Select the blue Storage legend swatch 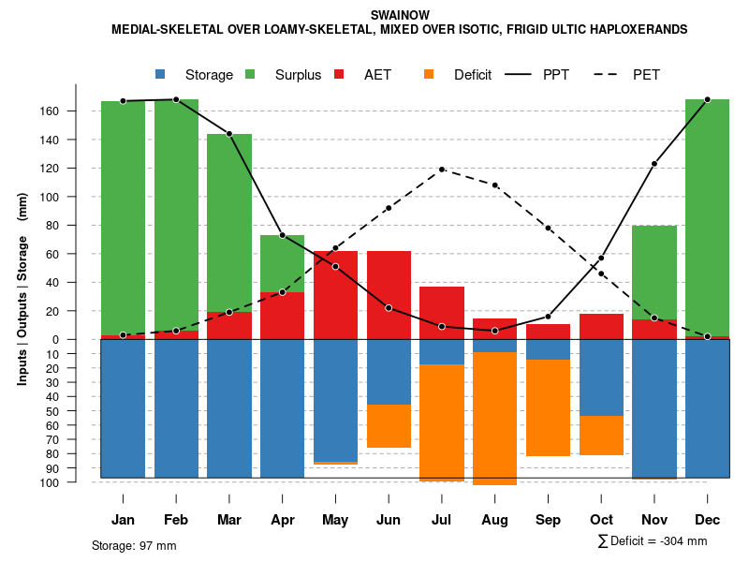tap(161, 74)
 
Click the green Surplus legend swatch tap(251, 74)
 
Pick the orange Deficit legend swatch tap(429, 74)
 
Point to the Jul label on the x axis tap(442, 520)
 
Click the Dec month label tap(707, 520)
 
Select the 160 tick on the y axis tap(49, 111)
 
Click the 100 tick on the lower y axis tap(49, 482)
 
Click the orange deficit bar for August tap(494, 418)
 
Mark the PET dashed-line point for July tap(442, 170)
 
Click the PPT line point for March tap(229, 134)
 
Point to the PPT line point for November tap(654, 164)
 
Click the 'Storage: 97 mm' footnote tap(134, 545)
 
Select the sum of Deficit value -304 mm tap(654, 541)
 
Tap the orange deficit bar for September tap(548, 407)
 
